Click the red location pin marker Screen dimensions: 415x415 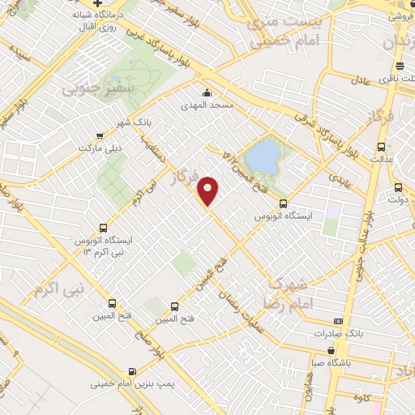209,190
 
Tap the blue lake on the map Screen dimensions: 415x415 262,156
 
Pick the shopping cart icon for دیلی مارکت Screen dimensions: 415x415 99,136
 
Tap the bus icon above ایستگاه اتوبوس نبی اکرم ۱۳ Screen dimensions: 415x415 102,228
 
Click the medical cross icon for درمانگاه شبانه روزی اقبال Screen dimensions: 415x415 98,4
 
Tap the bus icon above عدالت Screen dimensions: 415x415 382,147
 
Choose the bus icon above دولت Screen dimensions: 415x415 397,186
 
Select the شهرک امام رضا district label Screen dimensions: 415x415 285,293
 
